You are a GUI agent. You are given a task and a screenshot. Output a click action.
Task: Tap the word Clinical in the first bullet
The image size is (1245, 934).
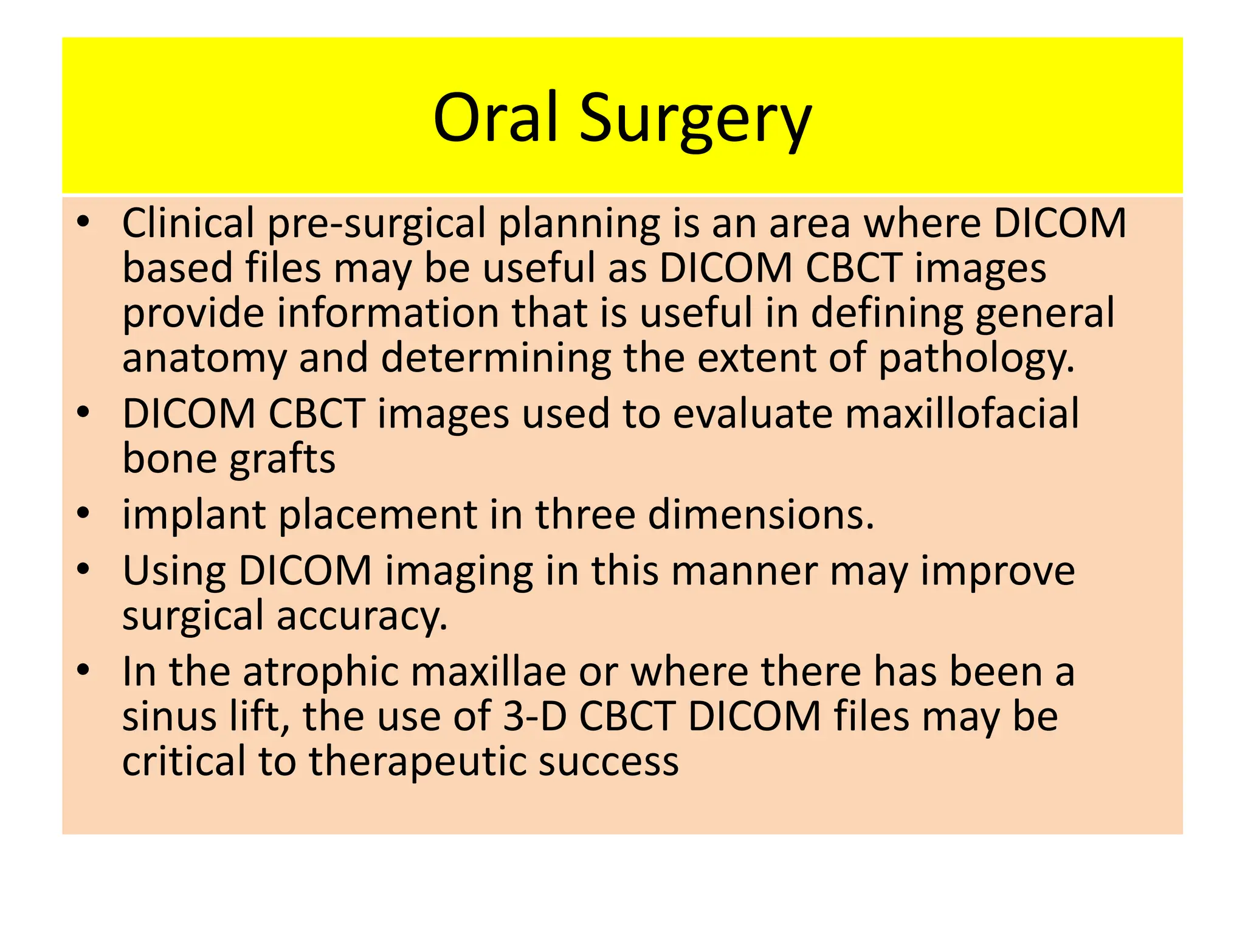[x=188, y=223]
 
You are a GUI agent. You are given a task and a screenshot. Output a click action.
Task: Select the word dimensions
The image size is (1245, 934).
[x=760, y=515]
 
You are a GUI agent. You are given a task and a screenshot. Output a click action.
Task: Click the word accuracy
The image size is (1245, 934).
[x=362, y=617]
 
